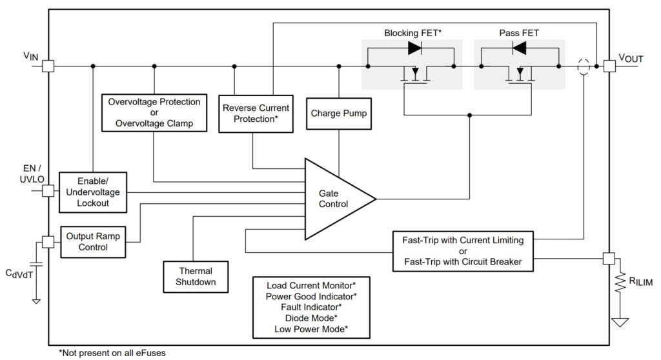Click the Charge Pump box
pyautogui.click(x=338, y=114)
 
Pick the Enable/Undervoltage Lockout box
pyautogui.click(x=94, y=192)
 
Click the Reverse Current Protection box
pyautogui.click(x=256, y=114)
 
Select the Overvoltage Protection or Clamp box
pyautogui.click(x=154, y=112)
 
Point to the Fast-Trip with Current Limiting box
pyautogui.click(x=463, y=250)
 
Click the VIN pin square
pyautogui.click(x=48, y=66)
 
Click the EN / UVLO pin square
pyautogui.click(x=48, y=191)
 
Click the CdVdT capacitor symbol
pyautogui.click(x=36, y=264)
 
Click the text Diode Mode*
pyautogui.click(x=310, y=317)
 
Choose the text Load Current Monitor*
pyautogui.click(x=310, y=285)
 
